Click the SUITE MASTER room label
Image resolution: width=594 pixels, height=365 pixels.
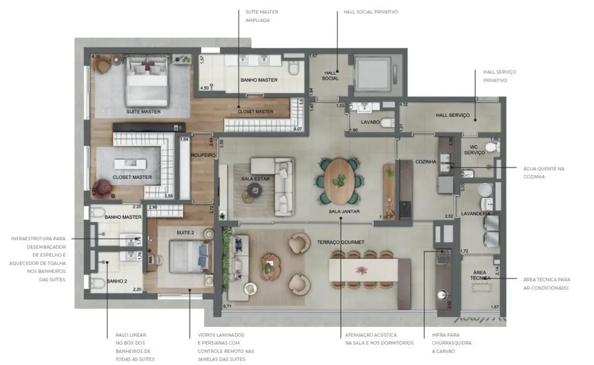coord(143,112)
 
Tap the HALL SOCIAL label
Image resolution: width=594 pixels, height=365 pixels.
coord(330,75)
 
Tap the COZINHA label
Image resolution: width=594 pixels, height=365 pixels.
coord(425,162)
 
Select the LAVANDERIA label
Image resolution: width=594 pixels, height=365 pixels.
coord(475,214)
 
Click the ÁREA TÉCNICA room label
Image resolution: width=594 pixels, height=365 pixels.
coord(481,275)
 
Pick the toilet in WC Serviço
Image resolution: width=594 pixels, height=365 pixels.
coord(492,147)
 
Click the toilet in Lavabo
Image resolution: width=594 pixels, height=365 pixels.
coord(386,123)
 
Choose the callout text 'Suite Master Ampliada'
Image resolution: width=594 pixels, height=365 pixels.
coord(257,16)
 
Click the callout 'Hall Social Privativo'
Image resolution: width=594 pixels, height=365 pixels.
coord(370,12)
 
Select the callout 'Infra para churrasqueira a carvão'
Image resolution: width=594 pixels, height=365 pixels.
coord(452,343)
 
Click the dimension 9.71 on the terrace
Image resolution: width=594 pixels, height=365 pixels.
coord(228,306)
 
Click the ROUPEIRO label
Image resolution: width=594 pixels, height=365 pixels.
coord(203,155)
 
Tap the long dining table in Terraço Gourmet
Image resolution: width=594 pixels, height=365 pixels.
coord(364,271)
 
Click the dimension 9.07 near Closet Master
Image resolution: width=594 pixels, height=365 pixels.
coord(297,129)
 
